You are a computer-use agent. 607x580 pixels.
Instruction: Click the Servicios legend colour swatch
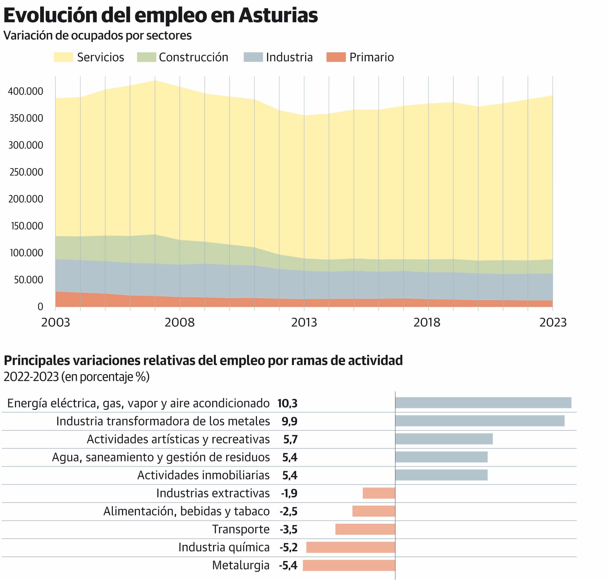pos(63,57)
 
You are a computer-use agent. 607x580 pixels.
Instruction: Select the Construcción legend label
pos(193,57)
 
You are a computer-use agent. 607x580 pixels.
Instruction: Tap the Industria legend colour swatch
pos(253,57)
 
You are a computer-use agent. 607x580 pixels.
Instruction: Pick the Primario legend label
pos(371,57)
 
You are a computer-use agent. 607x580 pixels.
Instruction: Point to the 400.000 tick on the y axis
pos(26,91)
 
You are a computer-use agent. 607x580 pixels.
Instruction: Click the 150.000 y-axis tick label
pos(27,226)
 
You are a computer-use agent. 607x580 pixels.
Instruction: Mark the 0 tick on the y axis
pos(40,306)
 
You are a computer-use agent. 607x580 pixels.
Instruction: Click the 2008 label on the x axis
pos(180,322)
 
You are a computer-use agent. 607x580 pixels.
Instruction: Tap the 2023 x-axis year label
pos(553,322)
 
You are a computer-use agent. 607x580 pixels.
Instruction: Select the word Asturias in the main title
pos(278,16)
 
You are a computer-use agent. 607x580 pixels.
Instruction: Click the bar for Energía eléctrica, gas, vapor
pos(483,403)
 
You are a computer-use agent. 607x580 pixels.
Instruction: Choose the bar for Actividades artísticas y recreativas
pos(444,439)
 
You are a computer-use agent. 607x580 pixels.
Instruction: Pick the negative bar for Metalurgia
pos(349,565)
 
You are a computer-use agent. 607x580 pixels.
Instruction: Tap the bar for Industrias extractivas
pos(379,493)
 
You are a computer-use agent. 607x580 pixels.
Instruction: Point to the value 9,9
pos(289,421)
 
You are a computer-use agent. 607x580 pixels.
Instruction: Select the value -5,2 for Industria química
pos(289,547)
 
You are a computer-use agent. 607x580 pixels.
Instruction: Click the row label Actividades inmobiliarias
pos(203,475)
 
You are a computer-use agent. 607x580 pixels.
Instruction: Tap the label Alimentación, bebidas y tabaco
pos(187,511)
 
